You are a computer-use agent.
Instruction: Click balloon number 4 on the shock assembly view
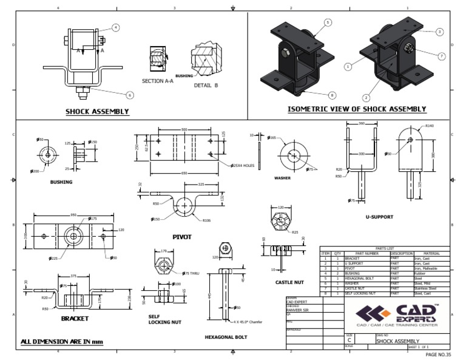115,27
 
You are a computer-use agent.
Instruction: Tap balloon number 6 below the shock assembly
129,95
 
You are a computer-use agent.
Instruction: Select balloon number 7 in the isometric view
441,56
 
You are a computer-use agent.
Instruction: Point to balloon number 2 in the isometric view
366,97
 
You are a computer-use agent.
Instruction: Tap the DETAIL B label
206,85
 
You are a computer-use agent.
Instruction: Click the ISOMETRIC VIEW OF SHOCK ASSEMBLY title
357,109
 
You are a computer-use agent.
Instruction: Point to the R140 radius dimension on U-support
430,126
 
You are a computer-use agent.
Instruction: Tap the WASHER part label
282,178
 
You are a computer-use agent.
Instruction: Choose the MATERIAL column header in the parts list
431,254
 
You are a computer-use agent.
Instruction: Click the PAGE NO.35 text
439,354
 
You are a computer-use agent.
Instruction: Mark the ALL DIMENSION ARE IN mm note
61,342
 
